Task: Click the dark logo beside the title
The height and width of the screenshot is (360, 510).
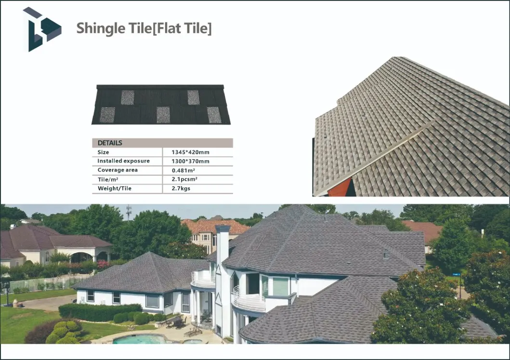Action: (41, 29)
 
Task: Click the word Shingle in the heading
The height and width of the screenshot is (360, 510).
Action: (101, 28)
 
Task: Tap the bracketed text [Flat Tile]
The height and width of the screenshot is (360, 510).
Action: (182, 28)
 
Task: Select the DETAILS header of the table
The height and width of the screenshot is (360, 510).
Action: (110, 143)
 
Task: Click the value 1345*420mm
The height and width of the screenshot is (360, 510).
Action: (190, 152)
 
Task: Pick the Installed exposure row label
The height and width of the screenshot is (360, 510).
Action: (124, 161)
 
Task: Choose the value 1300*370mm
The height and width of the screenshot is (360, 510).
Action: (190, 161)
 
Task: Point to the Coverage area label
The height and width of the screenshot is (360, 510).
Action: (118, 170)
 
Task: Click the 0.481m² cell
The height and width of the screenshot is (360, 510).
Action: (183, 170)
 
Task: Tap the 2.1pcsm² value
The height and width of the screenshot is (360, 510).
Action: (184, 179)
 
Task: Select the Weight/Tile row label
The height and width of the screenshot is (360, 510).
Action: (115, 188)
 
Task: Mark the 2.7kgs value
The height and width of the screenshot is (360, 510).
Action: (181, 188)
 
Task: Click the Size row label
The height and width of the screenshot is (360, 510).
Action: (103, 152)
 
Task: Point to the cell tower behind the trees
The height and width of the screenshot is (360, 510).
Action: (129, 211)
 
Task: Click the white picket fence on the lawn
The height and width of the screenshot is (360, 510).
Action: (42, 284)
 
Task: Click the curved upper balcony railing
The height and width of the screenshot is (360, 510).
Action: (204, 279)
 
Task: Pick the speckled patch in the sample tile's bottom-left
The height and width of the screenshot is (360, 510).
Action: (107, 115)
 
